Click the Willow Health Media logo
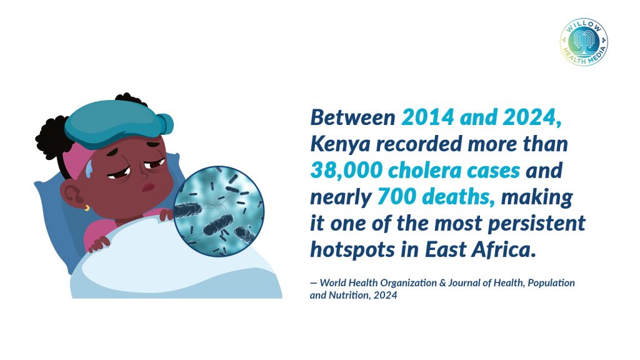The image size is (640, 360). [x=584, y=42]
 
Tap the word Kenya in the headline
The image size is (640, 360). [x=340, y=145]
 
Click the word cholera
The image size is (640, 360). [x=424, y=171]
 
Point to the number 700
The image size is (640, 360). [x=396, y=197]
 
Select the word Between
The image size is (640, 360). [x=352, y=118]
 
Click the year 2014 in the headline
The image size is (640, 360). [x=427, y=118]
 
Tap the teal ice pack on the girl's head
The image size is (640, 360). [x=119, y=123]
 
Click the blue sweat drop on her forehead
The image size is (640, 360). [x=89, y=168]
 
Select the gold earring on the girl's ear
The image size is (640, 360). [x=87, y=208]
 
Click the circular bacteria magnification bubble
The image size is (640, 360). [x=219, y=211]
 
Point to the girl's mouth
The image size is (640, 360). [x=148, y=188]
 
